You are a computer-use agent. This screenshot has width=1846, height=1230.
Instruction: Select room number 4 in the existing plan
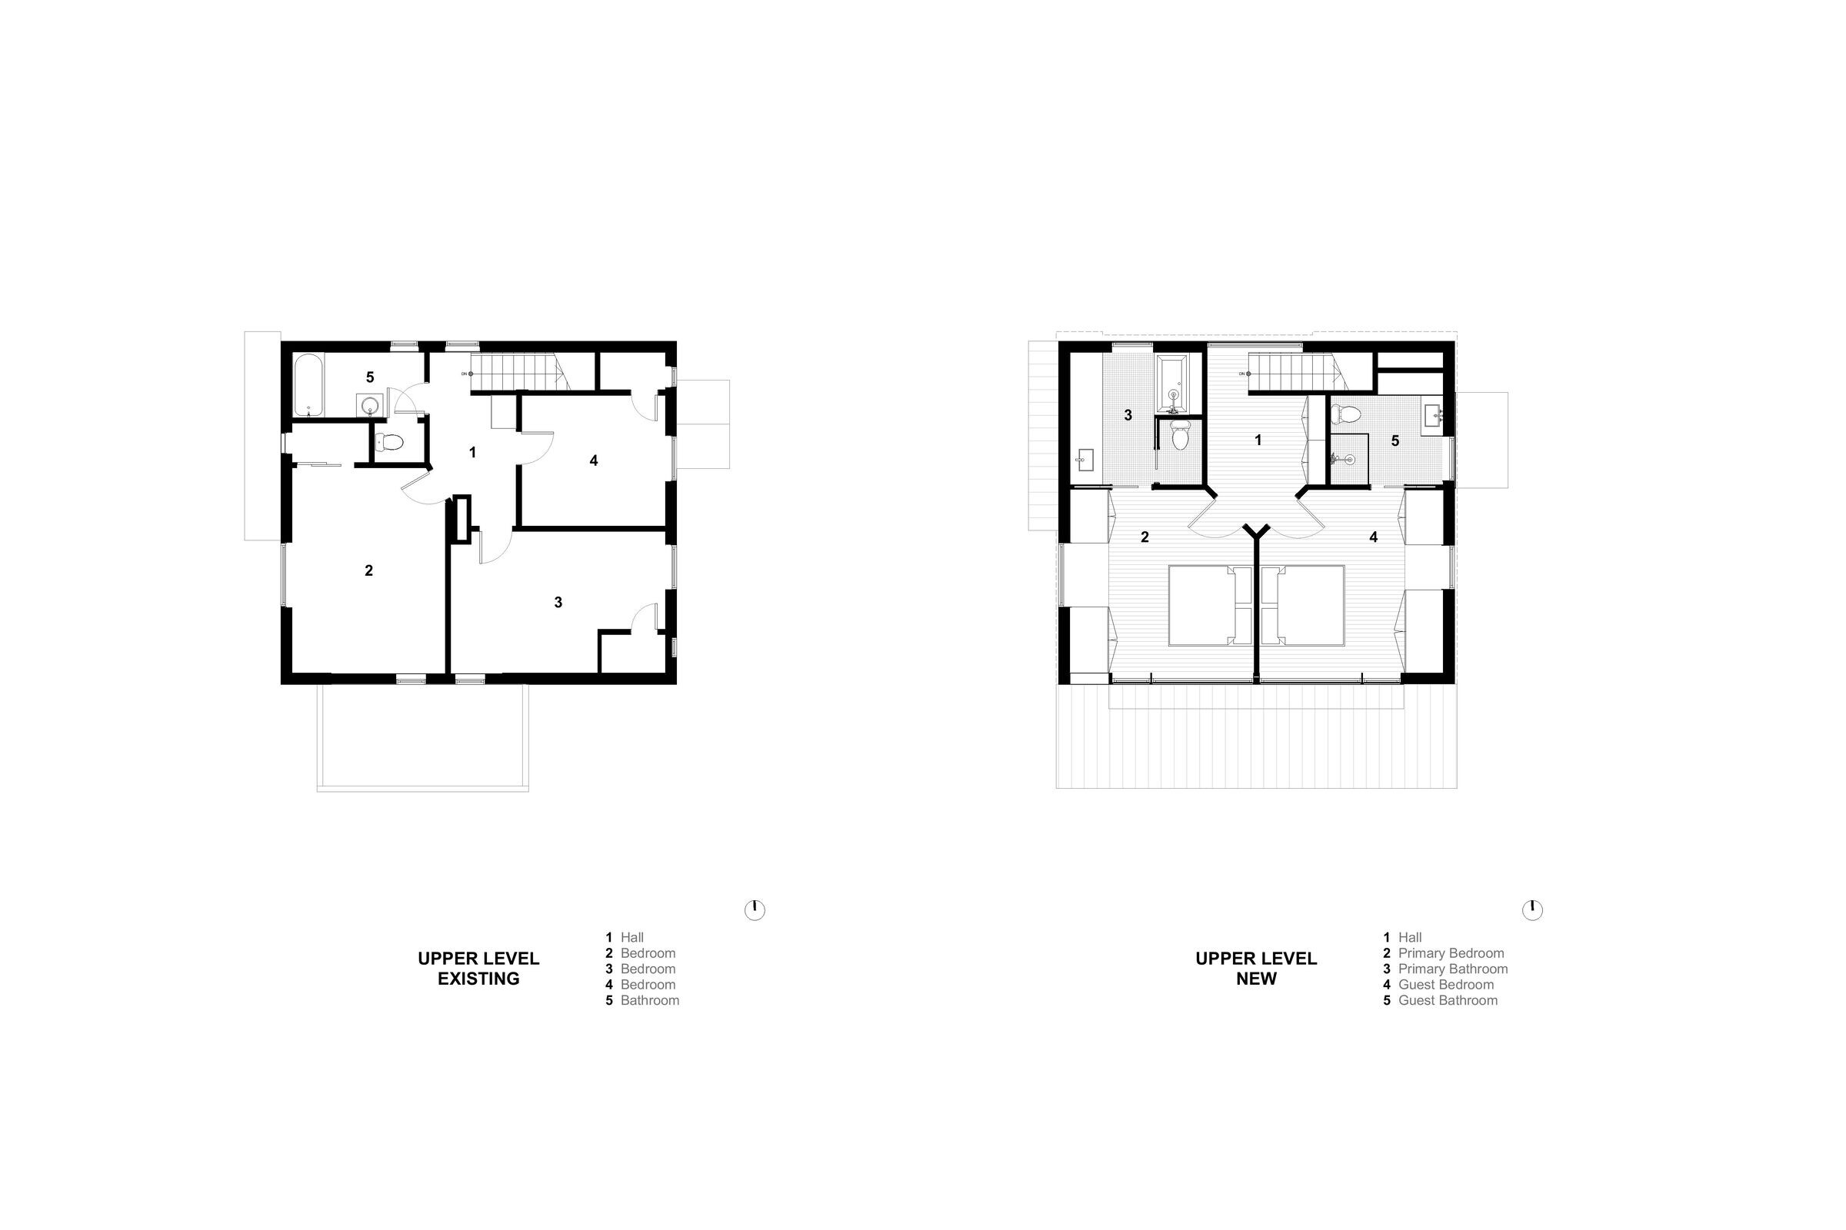[x=594, y=460]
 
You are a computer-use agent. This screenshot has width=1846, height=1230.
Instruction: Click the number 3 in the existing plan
[x=558, y=603]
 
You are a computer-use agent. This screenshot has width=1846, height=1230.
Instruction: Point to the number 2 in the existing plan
[x=369, y=570]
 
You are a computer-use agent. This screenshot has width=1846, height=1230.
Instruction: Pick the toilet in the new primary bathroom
[x=1180, y=435]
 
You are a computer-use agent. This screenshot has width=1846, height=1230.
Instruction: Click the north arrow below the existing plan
[x=755, y=910]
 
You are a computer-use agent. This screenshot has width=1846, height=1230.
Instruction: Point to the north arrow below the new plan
[x=1532, y=910]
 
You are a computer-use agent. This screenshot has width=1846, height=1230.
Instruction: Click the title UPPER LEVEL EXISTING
[x=478, y=969]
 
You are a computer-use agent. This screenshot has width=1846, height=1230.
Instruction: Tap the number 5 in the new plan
[x=1394, y=440]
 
